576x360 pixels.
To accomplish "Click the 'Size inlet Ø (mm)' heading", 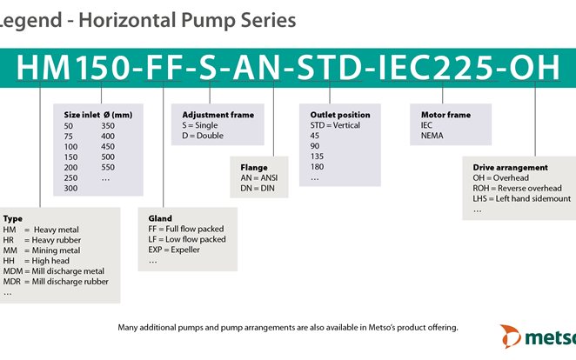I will coord(98,115).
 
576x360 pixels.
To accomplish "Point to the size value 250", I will coord(71,177).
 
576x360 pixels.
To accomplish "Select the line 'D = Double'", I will coord(203,137).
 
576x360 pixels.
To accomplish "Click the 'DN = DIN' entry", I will coord(258,187).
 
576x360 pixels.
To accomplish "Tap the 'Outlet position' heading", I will coord(340,115).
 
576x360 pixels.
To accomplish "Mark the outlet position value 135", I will coord(318,157).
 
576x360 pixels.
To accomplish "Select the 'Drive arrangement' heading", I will coord(510,167).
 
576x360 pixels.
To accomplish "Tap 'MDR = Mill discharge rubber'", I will coord(57,281).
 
